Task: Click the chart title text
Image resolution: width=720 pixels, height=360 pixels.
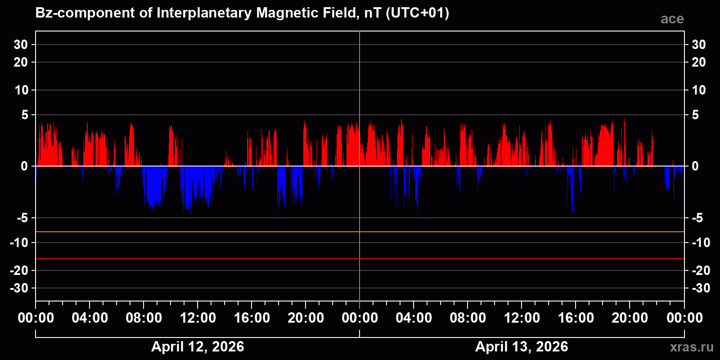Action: (x=242, y=13)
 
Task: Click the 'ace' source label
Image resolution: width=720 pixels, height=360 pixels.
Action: (x=672, y=19)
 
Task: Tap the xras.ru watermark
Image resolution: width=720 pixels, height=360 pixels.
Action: (x=691, y=347)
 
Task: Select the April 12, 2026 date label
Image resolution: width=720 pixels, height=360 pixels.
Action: (x=198, y=346)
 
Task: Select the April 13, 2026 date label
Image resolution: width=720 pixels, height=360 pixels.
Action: (x=522, y=346)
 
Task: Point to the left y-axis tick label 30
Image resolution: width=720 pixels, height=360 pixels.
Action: (x=21, y=45)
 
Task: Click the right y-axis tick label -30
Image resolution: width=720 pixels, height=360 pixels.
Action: (x=701, y=288)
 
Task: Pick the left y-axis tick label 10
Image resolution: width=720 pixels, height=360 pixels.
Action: (x=21, y=90)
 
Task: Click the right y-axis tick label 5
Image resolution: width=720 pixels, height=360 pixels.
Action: (x=695, y=115)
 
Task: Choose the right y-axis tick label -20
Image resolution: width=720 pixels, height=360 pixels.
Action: (x=701, y=270)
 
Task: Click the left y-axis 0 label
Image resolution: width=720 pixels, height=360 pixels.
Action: (x=24, y=166)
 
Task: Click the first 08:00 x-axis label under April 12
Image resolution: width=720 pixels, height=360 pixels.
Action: (x=144, y=318)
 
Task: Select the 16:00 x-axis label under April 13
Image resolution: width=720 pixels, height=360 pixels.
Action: (x=576, y=318)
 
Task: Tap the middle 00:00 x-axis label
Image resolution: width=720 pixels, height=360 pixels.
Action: (x=360, y=318)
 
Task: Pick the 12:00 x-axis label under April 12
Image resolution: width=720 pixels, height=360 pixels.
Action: (x=198, y=318)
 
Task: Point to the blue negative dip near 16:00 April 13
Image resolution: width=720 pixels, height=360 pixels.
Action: (x=571, y=189)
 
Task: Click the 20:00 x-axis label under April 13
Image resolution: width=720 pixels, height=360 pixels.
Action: (x=630, y=318)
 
